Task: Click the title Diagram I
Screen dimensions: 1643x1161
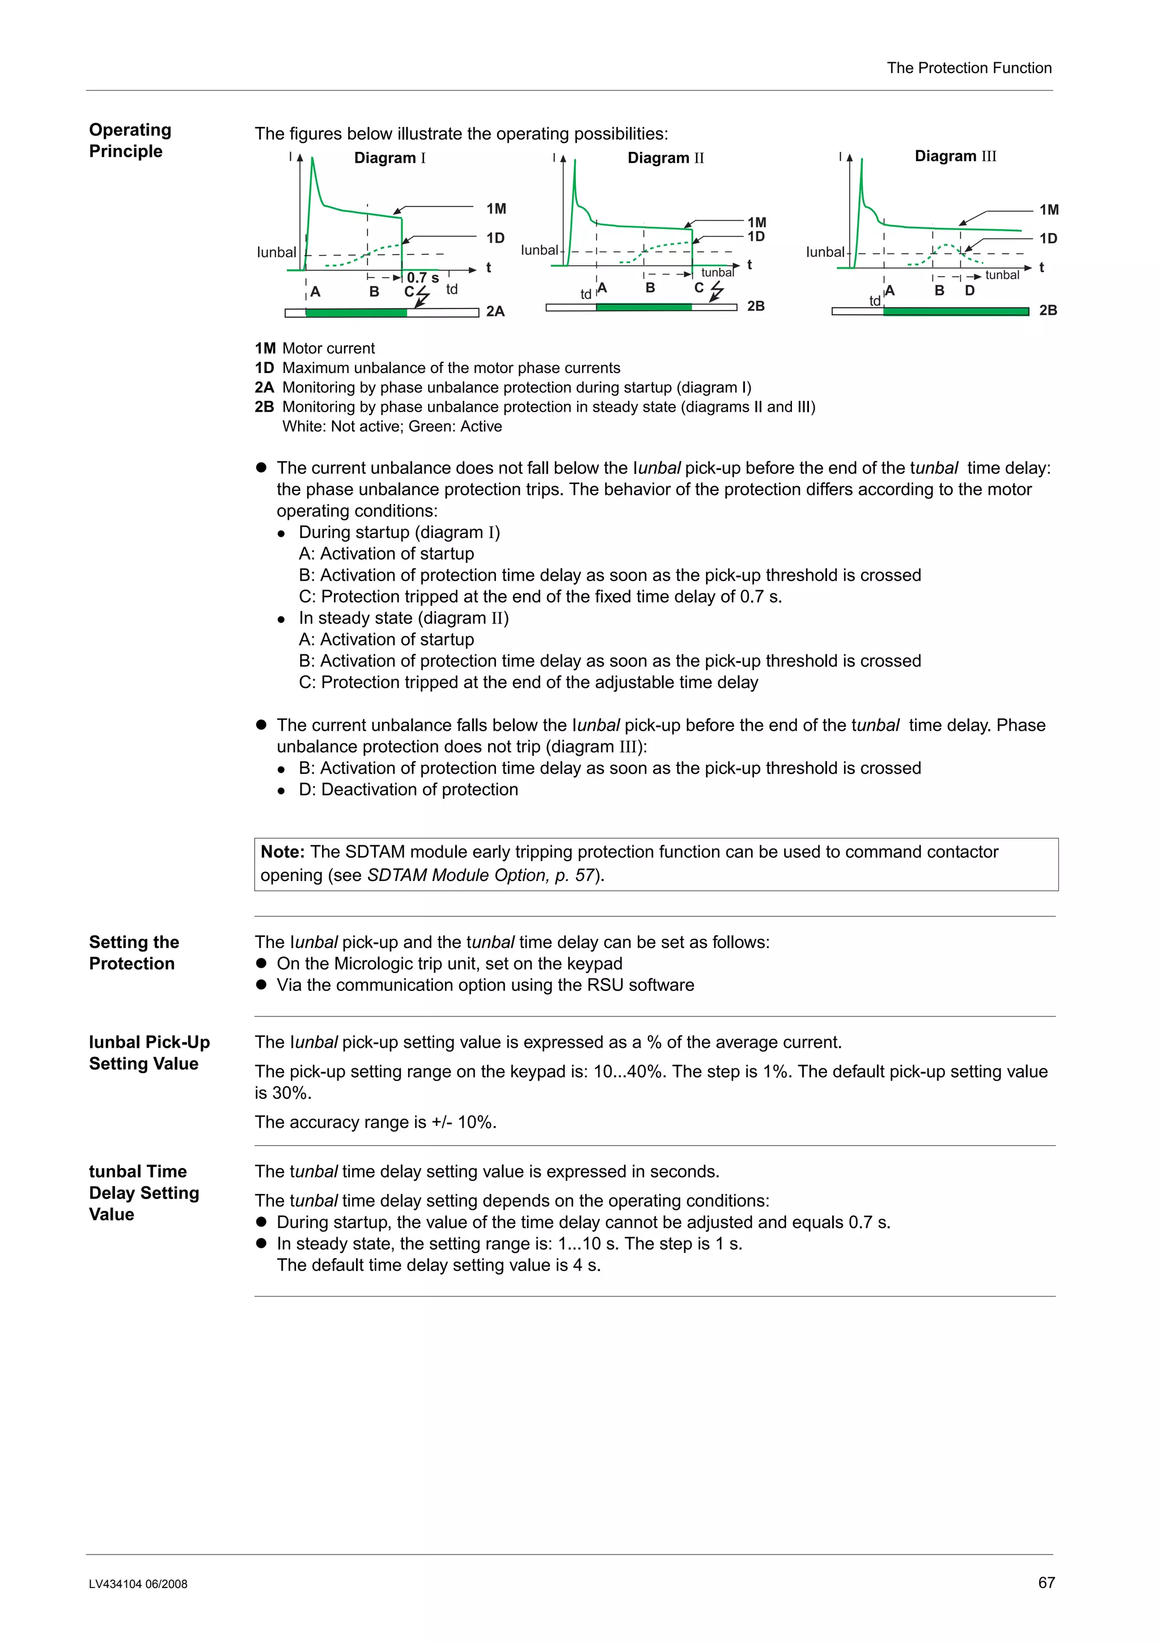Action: [x=390, y=158]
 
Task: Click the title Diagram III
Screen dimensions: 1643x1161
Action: [x=955, y=156]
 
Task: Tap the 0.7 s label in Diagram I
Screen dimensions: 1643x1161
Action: [x=423, y=278]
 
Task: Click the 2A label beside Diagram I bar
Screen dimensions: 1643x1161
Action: [x=495, y=311]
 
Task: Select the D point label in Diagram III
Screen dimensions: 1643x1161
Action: [x=969, y=290]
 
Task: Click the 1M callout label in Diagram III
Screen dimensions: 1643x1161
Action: [x=1049, y=210]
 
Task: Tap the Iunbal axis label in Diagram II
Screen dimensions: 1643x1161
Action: [x=539, y=250]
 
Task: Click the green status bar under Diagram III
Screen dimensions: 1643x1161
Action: [x=955, y=311]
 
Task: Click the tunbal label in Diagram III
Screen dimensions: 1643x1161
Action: [x=1002, y=275]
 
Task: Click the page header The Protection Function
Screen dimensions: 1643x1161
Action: [x=969, y=68]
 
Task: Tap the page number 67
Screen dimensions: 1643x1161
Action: [x=1046, y=1582]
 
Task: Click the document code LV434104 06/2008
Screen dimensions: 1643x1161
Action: [x=138, y=1583]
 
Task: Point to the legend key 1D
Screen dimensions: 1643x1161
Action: [x=264, y=368]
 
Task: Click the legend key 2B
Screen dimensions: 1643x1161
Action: [x=264, y=406]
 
